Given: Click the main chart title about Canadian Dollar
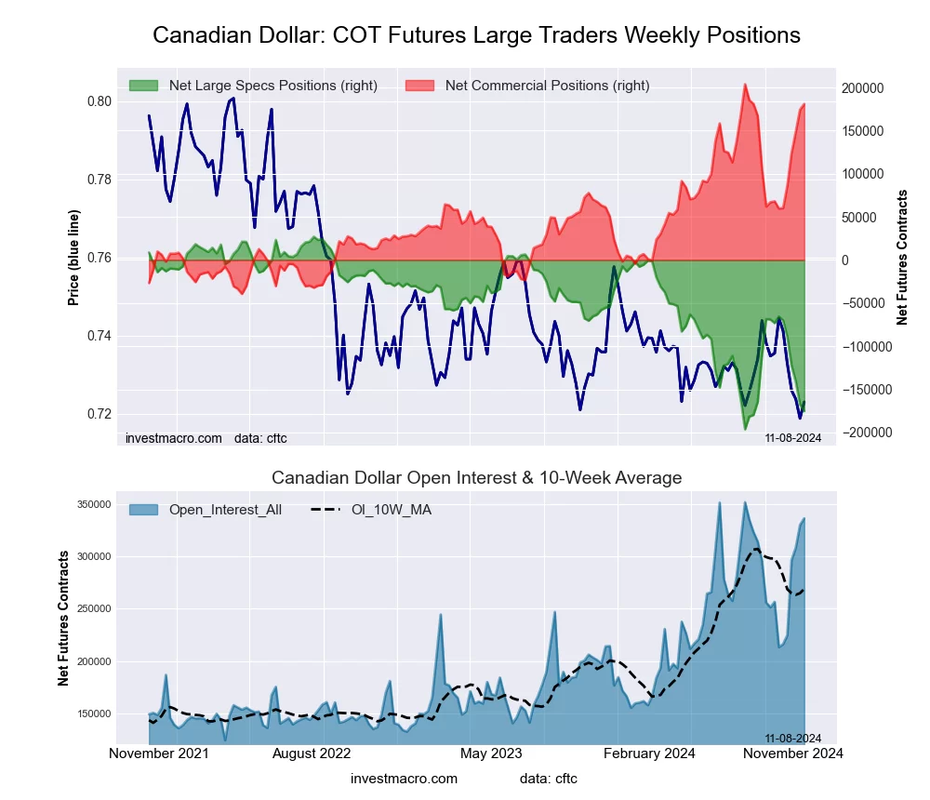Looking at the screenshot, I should pyautogui.click(x=476, y=35).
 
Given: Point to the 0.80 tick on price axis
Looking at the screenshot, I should pyautogui.click(x=99, y=101).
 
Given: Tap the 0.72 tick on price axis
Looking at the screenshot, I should pyautogui.click(x=99, y=414).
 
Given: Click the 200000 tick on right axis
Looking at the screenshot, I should pyautogui.click(x=861, y=88).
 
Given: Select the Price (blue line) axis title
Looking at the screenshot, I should pyautogui.click(x=73, y=258).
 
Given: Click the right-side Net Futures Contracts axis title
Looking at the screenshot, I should pyautogui.click(x=902, y=258).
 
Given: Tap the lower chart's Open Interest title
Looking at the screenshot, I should pyautogui.click(x=476, y=478).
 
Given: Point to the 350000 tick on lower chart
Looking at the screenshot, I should pyautogui.click(x=93, y=504).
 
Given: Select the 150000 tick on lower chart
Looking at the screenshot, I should pyautogui.click(x=93, y=713).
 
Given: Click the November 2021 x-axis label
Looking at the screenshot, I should pyautogui.click(x=159, y=753).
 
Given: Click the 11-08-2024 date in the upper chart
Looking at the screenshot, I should pyautogui.click(x=792, y=437).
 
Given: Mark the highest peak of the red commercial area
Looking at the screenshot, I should pyautogui.click(x=745, y=85).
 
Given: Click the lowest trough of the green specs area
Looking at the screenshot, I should pyautogui.click(x=745, y=429).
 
